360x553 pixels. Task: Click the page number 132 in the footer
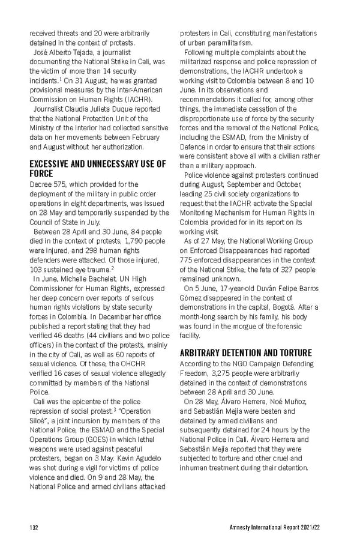tap(34, 528)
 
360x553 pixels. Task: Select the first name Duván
tap(259, 288)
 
